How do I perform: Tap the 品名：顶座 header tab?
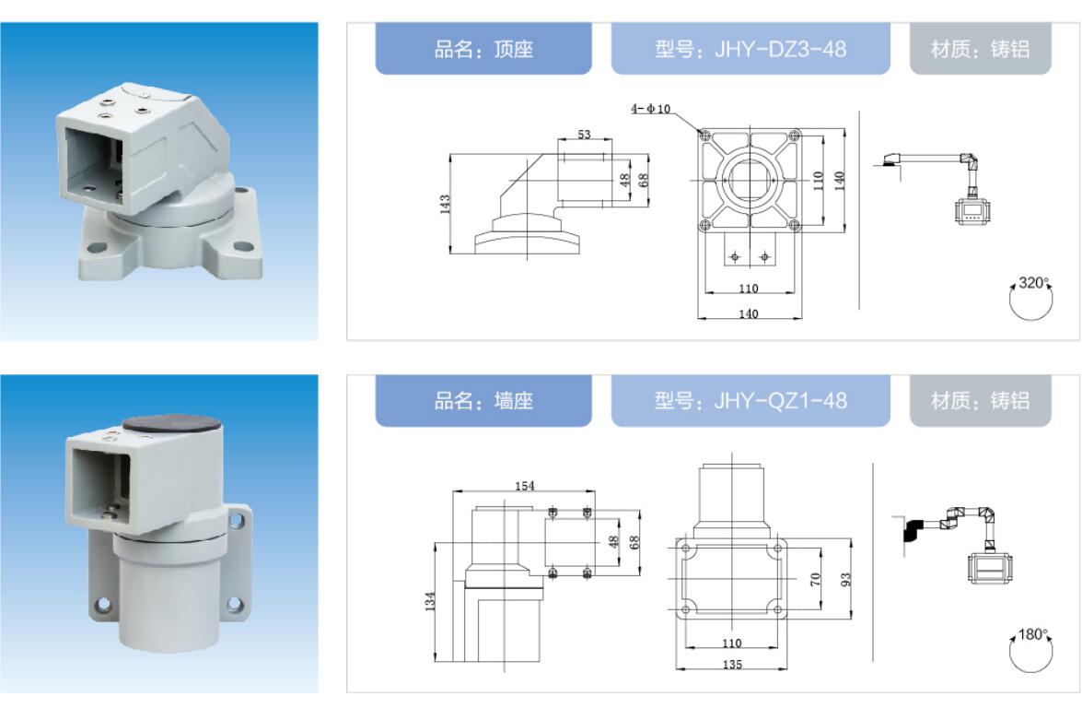(x=483, y=49)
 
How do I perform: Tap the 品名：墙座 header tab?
(x=483, y=401)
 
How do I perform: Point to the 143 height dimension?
(x=445, y=204)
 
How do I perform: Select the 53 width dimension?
(x=585, y=134)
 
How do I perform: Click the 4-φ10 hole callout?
(x=651, y=109)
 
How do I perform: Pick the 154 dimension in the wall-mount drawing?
(x=525, y=486)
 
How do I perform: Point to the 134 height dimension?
(x=430, y=601)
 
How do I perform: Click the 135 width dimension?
(x=732, y=664)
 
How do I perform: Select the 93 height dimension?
(x=846, y=580)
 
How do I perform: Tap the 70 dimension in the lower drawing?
(x=816, y=579)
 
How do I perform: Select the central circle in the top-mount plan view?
(x=750, y=180)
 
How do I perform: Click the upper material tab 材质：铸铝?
(x=980, y=49)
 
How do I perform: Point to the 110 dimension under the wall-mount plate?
(x=731, y=643)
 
